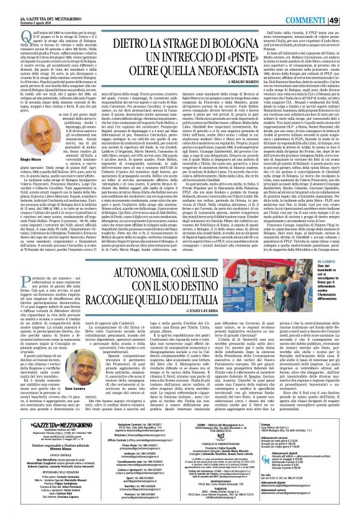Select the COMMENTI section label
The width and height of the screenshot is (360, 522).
(316, 7)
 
